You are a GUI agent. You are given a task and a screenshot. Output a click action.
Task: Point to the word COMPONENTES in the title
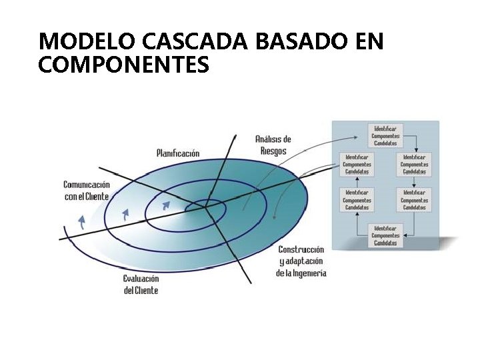pos(124,65)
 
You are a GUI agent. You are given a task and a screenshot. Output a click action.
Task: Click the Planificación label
pos(178,153)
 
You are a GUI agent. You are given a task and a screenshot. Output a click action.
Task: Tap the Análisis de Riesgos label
pos(273,145)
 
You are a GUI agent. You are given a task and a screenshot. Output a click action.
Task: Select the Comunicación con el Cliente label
pos(87,190)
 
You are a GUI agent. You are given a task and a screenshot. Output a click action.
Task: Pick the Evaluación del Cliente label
pos(141,285)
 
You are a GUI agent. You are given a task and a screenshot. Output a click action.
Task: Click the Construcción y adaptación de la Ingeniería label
pos(301,261)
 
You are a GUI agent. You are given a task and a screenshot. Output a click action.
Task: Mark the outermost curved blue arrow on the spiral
pos(81,222)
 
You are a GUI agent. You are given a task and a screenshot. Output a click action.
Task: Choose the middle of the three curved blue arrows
pos(125,214)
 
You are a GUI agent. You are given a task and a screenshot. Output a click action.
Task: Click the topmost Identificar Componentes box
pos(385,135)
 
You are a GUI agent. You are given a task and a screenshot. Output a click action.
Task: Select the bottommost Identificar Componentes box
pos(385,235)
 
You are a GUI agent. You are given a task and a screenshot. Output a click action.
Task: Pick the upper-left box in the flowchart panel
pos(357,164)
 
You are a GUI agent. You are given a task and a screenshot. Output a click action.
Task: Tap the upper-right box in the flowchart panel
pos(414,164)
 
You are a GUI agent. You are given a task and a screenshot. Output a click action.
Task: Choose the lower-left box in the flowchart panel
pos(357,199)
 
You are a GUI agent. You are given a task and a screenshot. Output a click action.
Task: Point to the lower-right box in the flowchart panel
pos(414,199)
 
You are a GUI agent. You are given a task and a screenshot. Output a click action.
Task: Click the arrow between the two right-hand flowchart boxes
pos(414,181)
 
